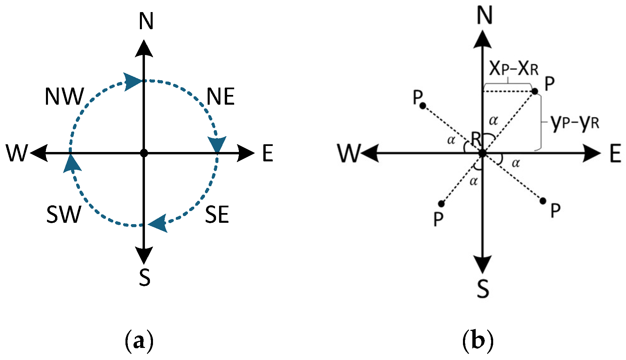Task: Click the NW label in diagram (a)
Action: pos(64,97)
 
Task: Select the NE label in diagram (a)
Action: pos(220,97)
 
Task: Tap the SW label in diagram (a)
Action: pos(63,215)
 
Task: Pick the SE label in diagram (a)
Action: pos(217,215)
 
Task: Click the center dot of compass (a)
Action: pos(144,153)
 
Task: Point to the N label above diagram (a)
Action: pos(146,21)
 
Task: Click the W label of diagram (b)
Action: pos(349,153)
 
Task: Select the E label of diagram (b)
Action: pos(615,154)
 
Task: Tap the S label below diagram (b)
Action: pos(483,289)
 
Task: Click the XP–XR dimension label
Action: pos(513,69)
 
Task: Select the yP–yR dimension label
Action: pos(574,123)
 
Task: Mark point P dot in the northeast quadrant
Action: pos(535,91)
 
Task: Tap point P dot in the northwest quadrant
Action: pos(423,106)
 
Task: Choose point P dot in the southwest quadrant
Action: pos(441,204)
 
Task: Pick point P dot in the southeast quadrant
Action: pos(543,201)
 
